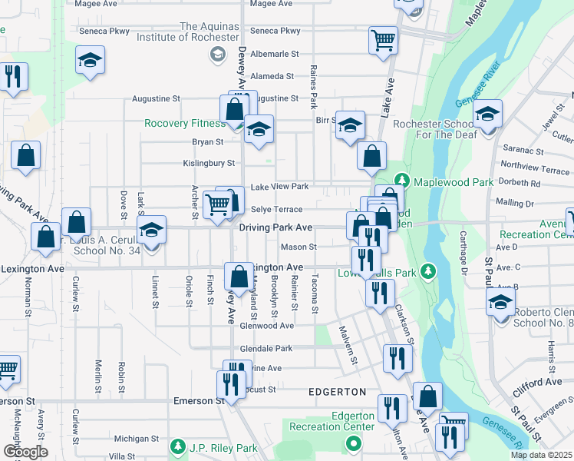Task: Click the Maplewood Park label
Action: tap(454, 182)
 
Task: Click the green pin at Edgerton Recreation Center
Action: tap(353, 443)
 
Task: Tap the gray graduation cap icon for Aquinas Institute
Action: tap(216, 53)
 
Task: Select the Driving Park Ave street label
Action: tap(275, 227)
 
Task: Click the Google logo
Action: tap(25, 451)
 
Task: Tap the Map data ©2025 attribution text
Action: tap(541, 455)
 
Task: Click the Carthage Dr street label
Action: tap(463, 253)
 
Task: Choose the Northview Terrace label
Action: tap(535, 165)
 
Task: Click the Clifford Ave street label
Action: tap(537, 382)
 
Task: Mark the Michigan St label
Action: tap(136, 439)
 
